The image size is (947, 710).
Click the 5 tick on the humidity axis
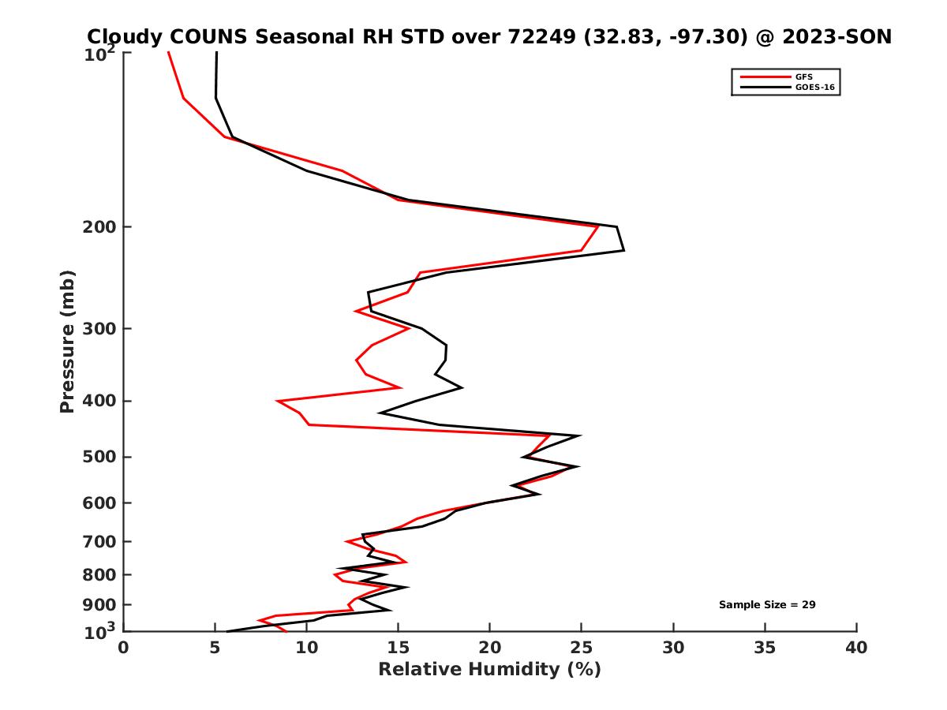click(x=215, y=648)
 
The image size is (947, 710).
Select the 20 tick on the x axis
click(x=489, y=648)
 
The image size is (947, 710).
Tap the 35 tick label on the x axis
click(x=765, y=648)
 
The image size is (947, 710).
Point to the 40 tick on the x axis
click(x=856, y=648)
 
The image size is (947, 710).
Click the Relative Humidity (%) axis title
click(x=489, y=670)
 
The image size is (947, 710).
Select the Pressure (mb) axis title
click(x=67, y=341)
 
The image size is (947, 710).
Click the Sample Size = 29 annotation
click(x=766, y=605)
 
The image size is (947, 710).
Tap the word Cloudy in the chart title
click(x=125, y=37)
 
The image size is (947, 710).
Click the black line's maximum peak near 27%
click(x=623, y=250)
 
